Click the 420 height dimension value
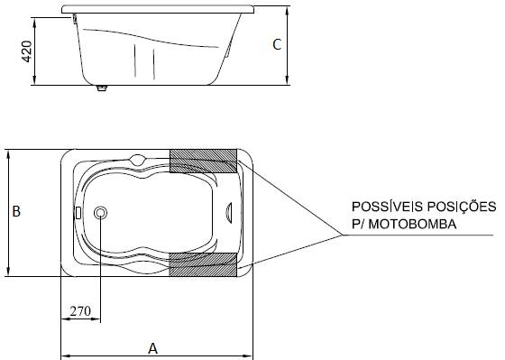(27, 51)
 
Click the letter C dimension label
(277, 44)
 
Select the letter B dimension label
(16, 211)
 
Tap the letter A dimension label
(152, 348)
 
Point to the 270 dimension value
(80, 311)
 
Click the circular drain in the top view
(100, 213)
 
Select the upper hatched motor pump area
(203, 161)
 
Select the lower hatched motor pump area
(203, 264)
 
